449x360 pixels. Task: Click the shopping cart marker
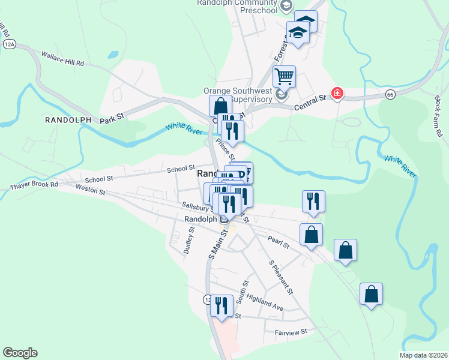point(284,76)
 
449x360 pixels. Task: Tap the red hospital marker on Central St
point(338,94)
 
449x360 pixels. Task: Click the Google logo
point(20,353)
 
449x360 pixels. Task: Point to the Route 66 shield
point(390,95)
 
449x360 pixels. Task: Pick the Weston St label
point(91,190)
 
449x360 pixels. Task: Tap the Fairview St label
point(291,331)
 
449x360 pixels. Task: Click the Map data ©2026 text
point(423,355)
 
